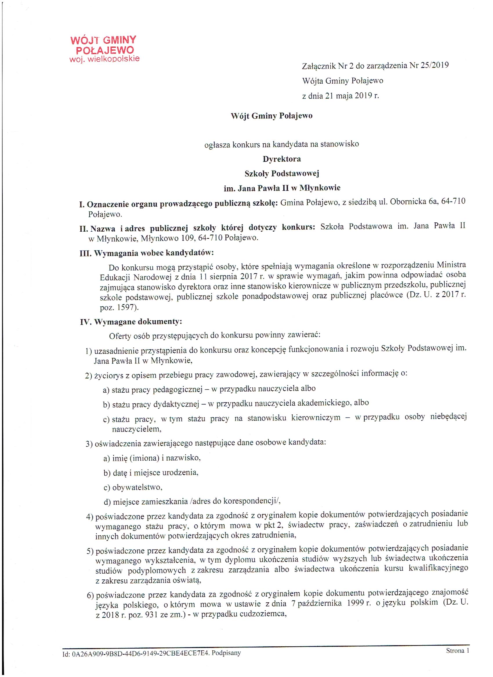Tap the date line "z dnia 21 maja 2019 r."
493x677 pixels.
point(340,96)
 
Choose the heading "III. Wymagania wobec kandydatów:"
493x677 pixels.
point(146,253)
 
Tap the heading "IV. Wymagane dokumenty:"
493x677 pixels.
point(131,322)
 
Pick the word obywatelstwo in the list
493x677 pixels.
point(137,487)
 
